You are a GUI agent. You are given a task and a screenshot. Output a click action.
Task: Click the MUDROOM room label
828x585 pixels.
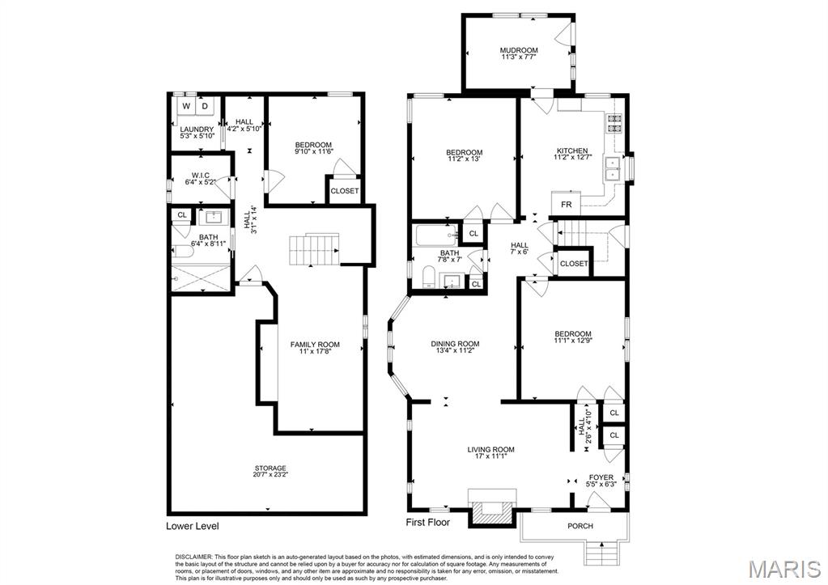click(x=518, y=51)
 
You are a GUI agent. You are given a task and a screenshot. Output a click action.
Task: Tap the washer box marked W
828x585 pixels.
click(x=186, y=106)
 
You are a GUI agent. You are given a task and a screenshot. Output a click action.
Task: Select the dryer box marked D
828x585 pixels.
click(x=205, y=106)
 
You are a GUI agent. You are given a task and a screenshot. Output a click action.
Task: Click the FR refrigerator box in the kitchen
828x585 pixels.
click(x=567, y=205)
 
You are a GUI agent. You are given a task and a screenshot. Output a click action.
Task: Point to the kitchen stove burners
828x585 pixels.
click(x=614, y=124)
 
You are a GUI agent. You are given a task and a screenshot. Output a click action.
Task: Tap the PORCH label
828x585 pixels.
click(x=580, y=526)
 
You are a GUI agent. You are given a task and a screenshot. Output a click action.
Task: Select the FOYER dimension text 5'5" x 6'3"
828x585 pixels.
click(x=601, y=485)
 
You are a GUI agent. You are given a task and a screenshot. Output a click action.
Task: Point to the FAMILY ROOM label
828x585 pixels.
click(x=315, y=345)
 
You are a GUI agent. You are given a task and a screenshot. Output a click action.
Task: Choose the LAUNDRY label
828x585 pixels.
click(x=197, y=129)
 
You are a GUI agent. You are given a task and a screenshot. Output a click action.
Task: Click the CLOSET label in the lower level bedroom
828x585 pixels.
click(x=344, y=191)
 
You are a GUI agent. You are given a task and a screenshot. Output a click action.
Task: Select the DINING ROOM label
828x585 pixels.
click(x=455, y=343)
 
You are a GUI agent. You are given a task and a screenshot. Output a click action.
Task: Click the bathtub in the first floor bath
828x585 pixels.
click(x=435, y=235)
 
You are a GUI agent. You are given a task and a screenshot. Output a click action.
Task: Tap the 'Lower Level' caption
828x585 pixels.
click(x=192, y=526)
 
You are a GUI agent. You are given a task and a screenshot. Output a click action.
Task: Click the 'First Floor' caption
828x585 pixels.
click(x=427, y=523)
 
